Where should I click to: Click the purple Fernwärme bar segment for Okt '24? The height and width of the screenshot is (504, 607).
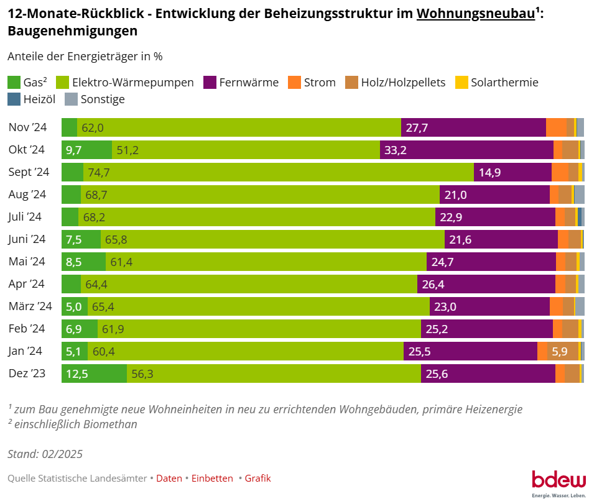coord(466,150)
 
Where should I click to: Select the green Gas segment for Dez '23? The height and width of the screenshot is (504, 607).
coord(94,373)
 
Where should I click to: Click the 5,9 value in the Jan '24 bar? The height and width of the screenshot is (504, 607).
coord(559,351)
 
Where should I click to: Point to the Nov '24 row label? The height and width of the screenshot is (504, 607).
coord(28,127)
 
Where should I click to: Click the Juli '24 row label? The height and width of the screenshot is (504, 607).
coord(25,217)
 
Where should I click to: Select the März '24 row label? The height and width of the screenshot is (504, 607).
coord(30,306)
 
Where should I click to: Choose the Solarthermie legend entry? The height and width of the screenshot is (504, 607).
coord(504,82)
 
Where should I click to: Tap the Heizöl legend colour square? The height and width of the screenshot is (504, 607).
coord(14,99)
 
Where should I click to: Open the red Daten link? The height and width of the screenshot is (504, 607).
coord(169,478)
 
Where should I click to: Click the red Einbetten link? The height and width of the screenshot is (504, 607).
coord(212,478)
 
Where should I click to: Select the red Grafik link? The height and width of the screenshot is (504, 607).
coord(257,478)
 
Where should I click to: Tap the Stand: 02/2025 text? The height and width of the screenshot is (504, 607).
coord(45,454)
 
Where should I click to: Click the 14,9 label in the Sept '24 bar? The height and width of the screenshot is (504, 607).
coord(489,172)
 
